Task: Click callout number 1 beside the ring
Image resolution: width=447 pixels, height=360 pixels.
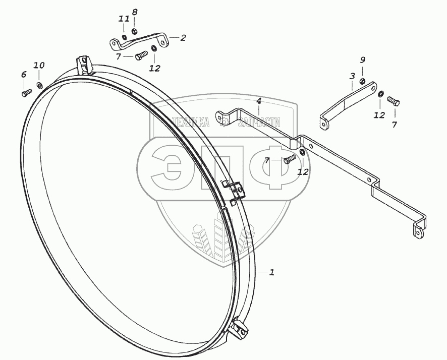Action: pos(271,273)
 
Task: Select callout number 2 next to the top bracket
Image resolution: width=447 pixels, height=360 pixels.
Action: pos(183,37)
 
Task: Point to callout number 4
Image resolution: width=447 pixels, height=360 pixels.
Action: pos(258,101)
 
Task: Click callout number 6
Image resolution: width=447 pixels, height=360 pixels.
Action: pos(23,75)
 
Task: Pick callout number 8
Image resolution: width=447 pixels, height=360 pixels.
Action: pos(135,12)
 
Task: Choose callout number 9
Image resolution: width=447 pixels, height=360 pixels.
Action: pos(362,61)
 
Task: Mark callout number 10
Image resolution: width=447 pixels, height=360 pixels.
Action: pos(39,65)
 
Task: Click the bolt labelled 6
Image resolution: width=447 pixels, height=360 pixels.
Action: pos(26,92)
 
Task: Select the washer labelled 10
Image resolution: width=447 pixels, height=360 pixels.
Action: pos(40,83)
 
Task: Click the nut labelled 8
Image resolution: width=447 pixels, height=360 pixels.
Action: pos(135,32)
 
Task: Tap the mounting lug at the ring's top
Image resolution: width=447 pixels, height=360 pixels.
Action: pos(84,65)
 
